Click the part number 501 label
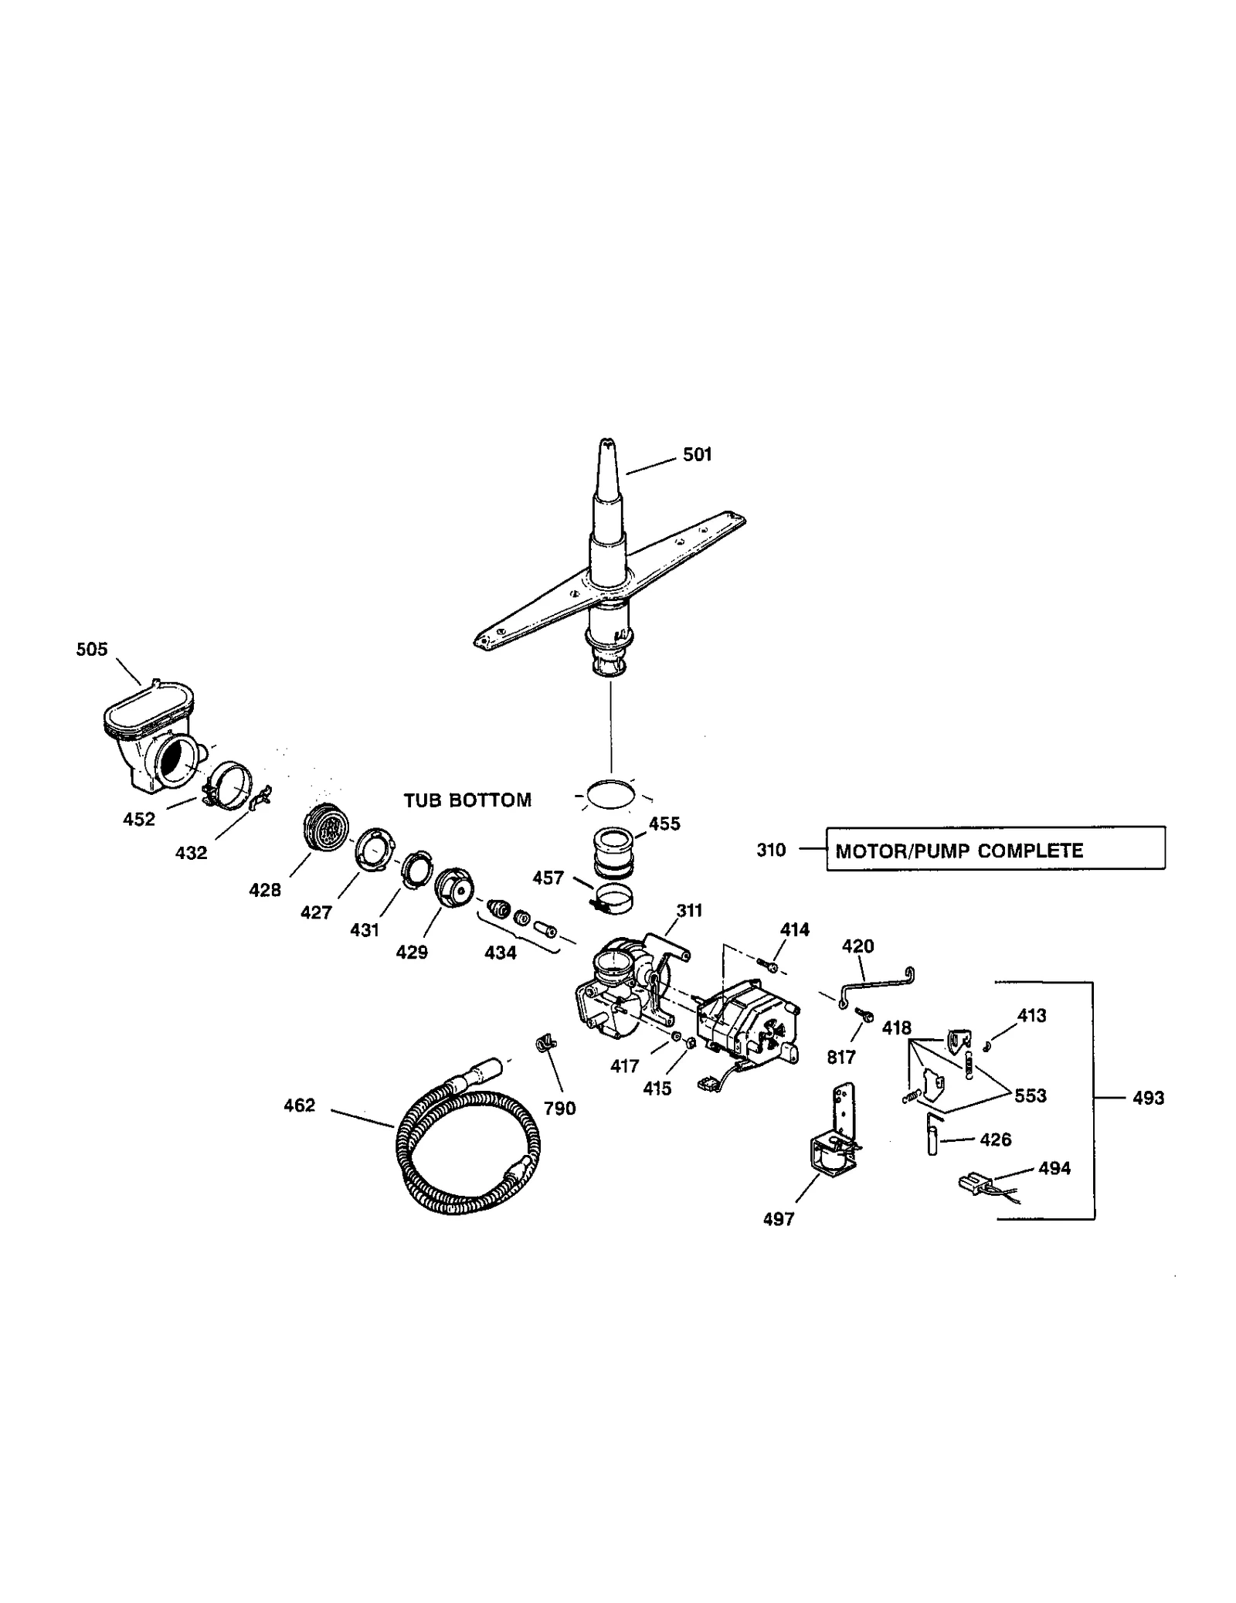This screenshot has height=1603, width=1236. coord(697,455)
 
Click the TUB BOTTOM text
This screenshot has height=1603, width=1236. coord(467,800)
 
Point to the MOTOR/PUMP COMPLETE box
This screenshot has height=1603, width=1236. coord(995,848)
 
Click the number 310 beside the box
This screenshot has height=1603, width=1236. coord(771,850)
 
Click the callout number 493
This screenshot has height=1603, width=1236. coord(1148,1098)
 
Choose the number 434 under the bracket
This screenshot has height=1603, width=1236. coord(501,953)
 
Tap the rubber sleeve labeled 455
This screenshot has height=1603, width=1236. coord(615,853)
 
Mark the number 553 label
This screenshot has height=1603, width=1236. coord(1031,1096)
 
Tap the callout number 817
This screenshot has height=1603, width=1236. coord(841,1057)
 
